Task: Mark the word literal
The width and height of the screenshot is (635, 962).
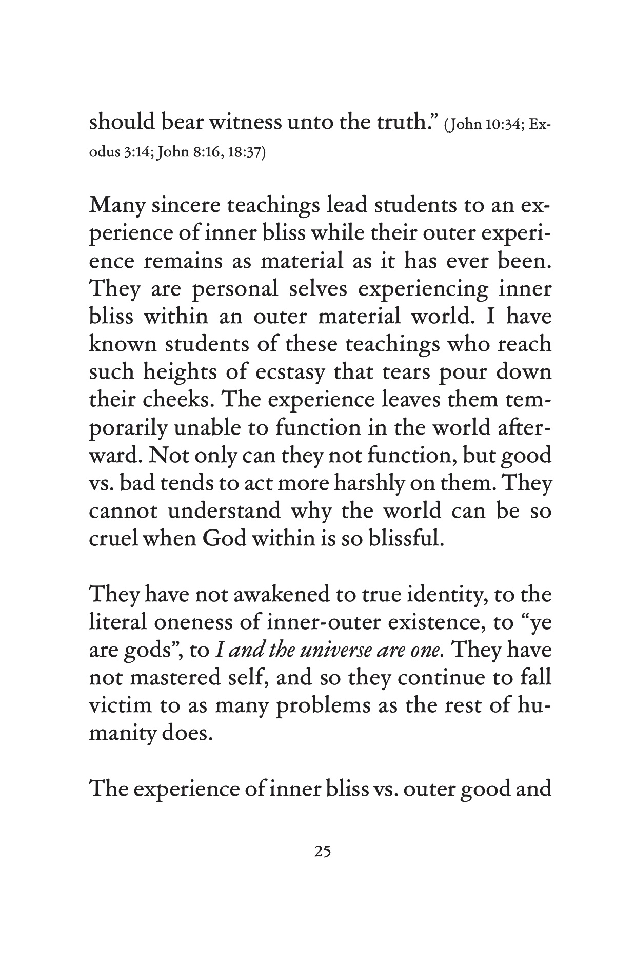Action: click(118, 622)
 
